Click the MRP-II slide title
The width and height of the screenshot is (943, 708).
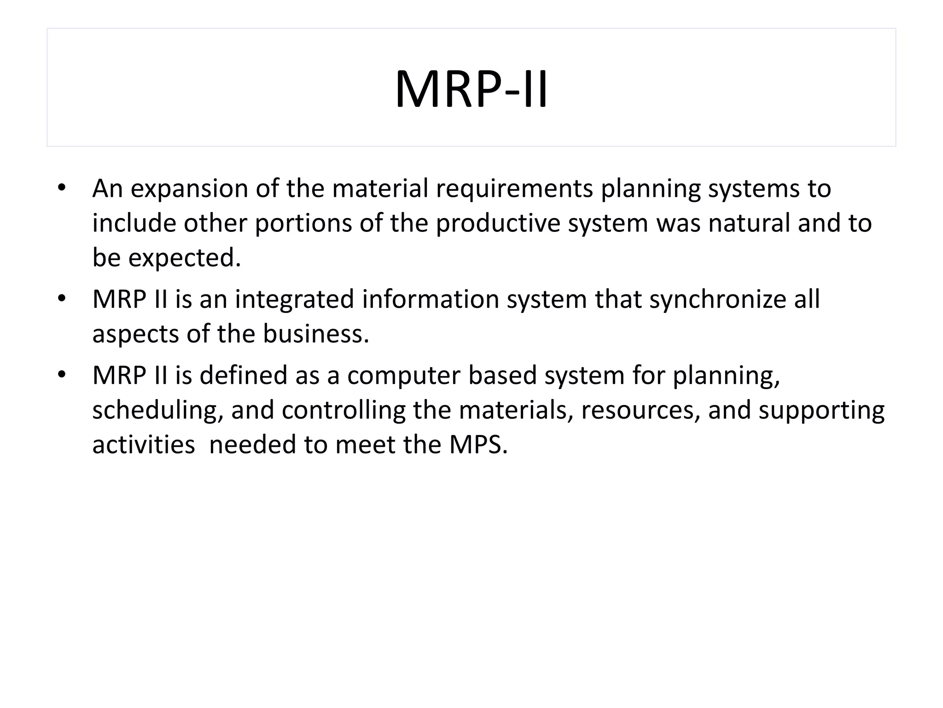pyautogui.click(x=471, y=89)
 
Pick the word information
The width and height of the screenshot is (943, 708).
pyautogui.click(x=430, y=299)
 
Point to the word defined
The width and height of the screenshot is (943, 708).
pyautogui.click(x=244, y=375)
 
